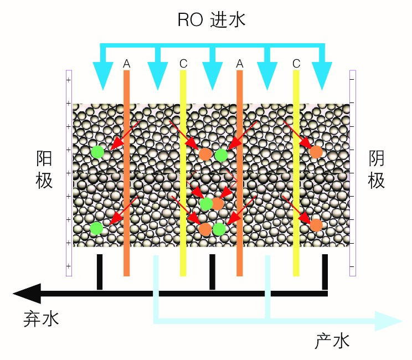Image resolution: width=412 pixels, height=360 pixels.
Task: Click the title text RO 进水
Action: point(211,21)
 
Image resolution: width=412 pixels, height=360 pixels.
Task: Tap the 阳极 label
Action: point(44,170)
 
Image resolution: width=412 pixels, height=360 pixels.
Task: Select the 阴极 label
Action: point(377,170)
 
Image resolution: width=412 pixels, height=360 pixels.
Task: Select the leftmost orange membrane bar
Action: point(126,172)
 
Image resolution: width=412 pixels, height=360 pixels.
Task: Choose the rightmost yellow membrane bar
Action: point(296,172)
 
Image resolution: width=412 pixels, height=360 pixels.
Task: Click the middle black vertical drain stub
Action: point(212,271)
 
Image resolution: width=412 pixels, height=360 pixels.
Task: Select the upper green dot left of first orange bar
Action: point(98,151)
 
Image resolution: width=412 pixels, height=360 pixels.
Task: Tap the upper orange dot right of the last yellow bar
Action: point(316,151)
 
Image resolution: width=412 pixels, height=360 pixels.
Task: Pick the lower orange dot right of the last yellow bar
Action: point(316,225)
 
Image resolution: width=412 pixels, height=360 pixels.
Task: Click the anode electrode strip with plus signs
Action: point(69,172)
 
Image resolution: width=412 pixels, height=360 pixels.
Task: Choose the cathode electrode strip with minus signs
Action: point(353,172)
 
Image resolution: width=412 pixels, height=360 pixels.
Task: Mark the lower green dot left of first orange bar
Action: point(96,228)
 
